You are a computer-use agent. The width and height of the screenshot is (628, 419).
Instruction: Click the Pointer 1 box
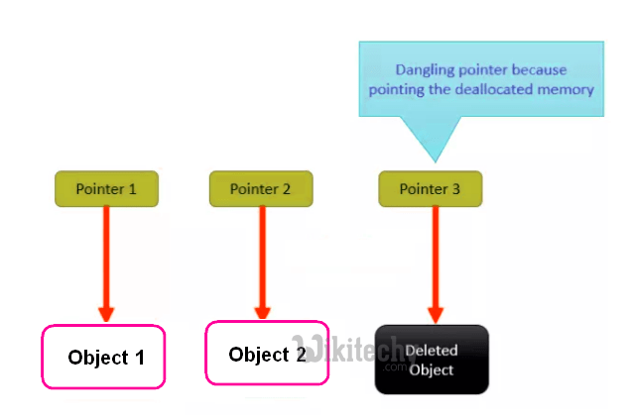pyautogui.click(x=106, y=187)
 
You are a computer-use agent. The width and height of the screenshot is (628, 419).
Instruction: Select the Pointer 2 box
pyautogui.click(x=261, y=187)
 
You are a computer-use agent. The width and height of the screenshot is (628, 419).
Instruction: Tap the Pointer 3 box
pyautogui.click(x=431, y=187)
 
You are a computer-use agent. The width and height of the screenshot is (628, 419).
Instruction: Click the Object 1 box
pyautogui.click(x=103, y=357)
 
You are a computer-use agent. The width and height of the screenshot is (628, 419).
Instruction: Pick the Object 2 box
pyautogui.click(x=266, y=354)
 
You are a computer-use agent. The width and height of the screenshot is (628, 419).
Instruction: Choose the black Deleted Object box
pyautogui.click(x=432, y=361)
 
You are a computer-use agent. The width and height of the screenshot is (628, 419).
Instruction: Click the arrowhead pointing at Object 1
pyautogui.click(x=105, y=311)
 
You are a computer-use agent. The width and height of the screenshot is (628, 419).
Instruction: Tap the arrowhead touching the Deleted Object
pyautogui.click(x=433, y=311)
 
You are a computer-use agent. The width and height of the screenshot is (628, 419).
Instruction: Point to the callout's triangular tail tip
pyautogui.click(x=434, y=160)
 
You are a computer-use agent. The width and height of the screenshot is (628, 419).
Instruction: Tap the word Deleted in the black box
pyautogui.click(x=432, y=351)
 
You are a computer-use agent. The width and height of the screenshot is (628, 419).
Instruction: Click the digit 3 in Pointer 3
pyautogui.click(x=456, y=188)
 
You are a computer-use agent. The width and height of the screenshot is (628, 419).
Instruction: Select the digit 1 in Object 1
pyautogui.click(x=140, y=358)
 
